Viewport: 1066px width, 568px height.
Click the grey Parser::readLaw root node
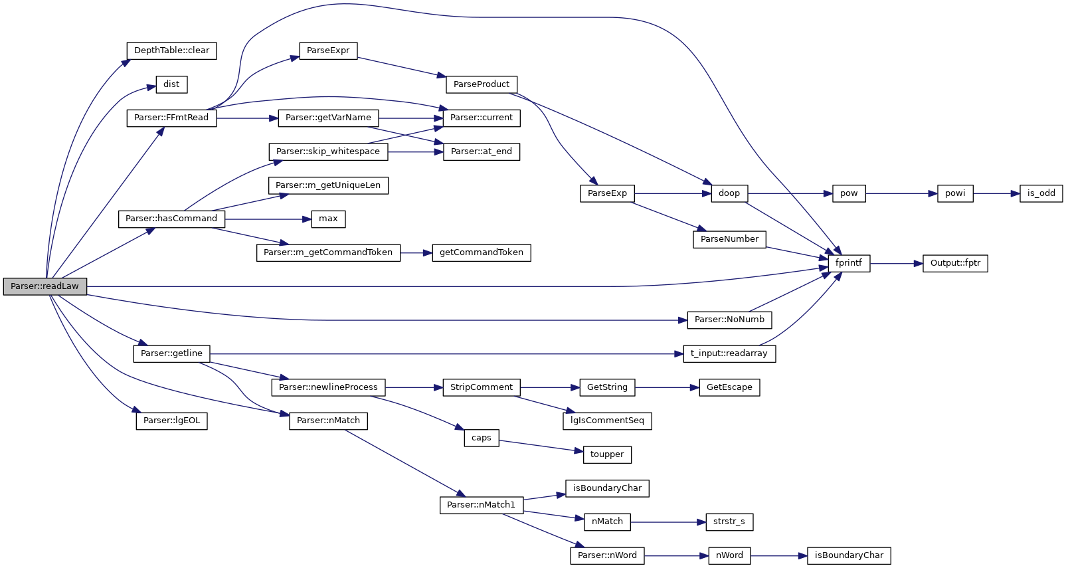pyautogui.click(x=44, y=286)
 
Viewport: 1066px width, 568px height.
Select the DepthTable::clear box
pyautogui.click(x=171, y=50)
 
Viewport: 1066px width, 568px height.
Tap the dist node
pyautogui.click(x=171, y=84)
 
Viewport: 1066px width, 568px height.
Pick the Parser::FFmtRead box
pyautogui.click(x=171, y=118)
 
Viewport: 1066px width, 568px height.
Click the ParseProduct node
pyautogui.click(x=482, y=84)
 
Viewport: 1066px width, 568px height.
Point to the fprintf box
pyautogui.click(x=848, y=263)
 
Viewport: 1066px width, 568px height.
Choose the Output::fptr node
pyautogui.click(x=955, y=263)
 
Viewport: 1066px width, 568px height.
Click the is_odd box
pyautogui.click(x=1041, y=193)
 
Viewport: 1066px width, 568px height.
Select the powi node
pyautogui.click(x=955, y=193)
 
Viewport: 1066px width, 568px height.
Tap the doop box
pyautogui.click(x=729, y=193)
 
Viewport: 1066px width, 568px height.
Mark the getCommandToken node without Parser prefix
pyautogui.click(x=482, y=252)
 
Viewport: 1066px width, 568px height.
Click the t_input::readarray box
pyautogui.click(x=729, y=353)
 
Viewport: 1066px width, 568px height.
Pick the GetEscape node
pyautogui.click(x=729, y=387)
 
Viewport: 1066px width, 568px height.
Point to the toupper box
pyautogui.click(x=607, y=454)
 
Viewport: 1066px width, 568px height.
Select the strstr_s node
pyautogui.click(x=729, y=521)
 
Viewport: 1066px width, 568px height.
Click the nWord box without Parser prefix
pyautogui.click(x=729, y=555)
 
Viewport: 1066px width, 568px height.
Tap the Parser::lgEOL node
pyautogui.click(x=171, y=421)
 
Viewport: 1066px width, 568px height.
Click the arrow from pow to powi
pyautogui.click(x=901, y=193)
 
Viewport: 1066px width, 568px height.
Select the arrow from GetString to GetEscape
pyautogui.click(x=667, y=387)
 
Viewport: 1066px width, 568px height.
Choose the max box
pyautogui.click(x=328, y=219)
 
